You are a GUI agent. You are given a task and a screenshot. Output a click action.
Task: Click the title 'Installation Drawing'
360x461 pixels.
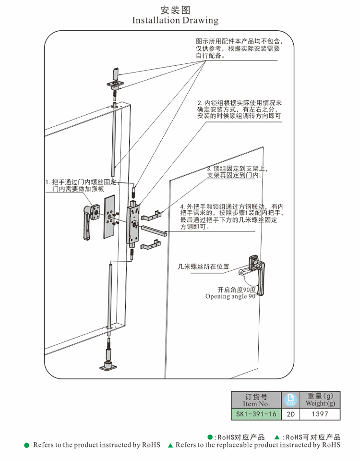(x=175, y=21)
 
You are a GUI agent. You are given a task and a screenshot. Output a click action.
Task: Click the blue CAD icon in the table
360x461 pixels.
(x=290, y=399)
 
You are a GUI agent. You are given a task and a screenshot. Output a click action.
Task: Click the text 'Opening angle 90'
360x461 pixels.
(x=230, y=297)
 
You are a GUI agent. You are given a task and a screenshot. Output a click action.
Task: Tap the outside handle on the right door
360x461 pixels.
(x=254, y=274)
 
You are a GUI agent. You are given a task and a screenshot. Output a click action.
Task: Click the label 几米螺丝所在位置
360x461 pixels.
(x=203, y=266)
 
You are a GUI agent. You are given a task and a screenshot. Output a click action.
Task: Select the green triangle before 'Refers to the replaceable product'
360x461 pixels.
(x=170, y=446)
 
